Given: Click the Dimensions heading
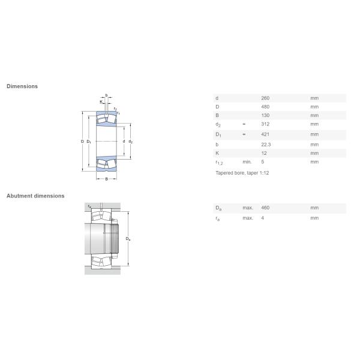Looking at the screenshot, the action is (22, 86).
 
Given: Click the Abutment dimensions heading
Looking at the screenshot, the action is (35, 196).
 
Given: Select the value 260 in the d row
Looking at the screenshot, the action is (265, 98).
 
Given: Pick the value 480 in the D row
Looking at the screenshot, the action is (265, 107).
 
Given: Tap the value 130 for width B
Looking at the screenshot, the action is (265, 115).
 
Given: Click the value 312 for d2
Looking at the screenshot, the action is (265, 124).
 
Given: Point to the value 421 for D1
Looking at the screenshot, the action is (265, 134).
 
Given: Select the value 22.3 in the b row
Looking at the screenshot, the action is (266, 145).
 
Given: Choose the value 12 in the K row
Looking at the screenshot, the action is (264, 153).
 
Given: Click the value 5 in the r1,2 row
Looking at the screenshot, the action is (263, 162).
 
